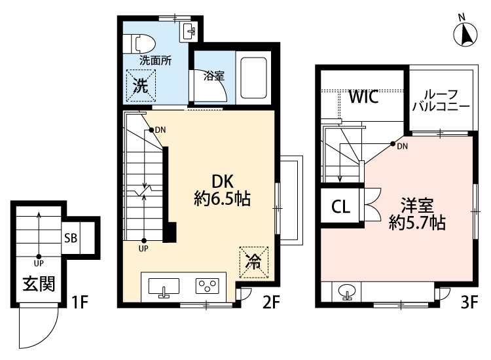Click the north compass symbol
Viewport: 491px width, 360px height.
click(466, 33)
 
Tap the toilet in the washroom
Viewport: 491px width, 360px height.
click(143, 43)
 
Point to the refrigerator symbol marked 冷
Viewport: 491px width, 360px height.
click(253, 262)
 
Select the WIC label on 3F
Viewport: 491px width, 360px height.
click(363, 98)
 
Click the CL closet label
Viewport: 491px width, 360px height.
click(340, 207)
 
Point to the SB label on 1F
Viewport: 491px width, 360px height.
click(71, 238)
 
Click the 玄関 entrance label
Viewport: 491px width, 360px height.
click(39, 284)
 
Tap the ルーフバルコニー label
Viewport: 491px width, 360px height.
click(441, 100)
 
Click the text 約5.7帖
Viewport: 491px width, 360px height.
click(417, 223)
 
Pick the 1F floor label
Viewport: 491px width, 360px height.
click(80, 303)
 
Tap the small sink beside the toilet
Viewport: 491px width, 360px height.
click(191, 29)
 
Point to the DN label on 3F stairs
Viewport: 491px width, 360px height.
click(403, 145)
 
